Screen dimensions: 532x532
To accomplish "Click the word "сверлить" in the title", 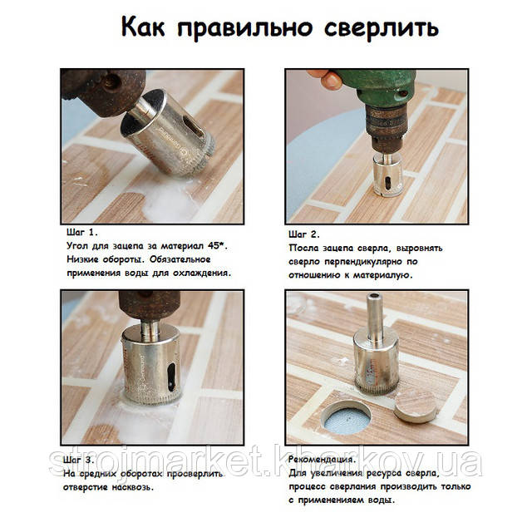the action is [x=382, y=28].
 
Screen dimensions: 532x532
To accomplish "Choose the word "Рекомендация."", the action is [x=322, y=460].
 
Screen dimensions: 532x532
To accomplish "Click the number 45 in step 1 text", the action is [x=214, y=246].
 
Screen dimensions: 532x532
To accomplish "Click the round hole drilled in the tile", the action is [x=347, y=418].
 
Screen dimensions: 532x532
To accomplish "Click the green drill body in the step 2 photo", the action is [x=377, y=88].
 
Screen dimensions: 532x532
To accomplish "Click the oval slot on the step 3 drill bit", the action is [x=172, y=377].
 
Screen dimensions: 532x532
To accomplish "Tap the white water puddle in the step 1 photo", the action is [x=166, y=203].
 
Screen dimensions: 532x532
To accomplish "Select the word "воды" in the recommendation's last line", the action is [x=382, y=500].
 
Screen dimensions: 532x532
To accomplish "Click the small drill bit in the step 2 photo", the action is [x=387, y=174].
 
